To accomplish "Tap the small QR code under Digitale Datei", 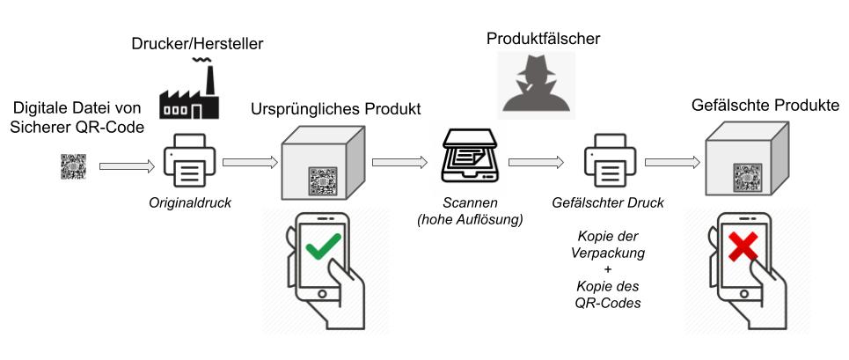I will (x=74, y=165).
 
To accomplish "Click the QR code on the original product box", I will (x=321, y=180).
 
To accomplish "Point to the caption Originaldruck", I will (x=190, y=203).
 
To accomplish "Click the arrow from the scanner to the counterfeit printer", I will (x=537, y=162).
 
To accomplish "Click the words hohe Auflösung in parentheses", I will (x=471, y=217).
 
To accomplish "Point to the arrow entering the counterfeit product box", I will (x=672, y=162).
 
